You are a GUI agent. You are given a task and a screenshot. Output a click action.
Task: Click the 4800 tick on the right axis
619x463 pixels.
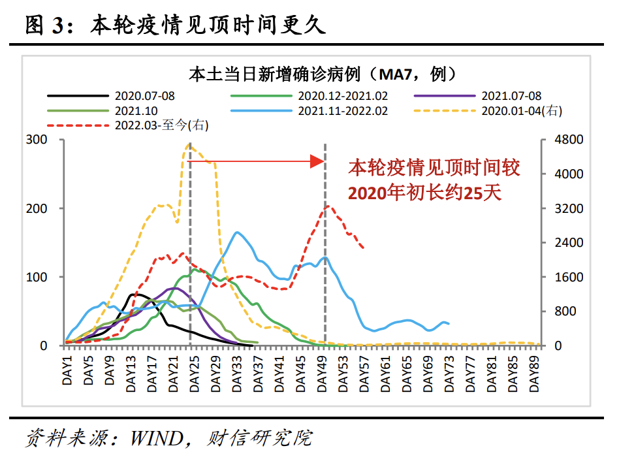click(x=560, y=140)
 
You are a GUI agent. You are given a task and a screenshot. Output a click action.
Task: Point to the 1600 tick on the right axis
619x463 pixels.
click(x=560, y=277)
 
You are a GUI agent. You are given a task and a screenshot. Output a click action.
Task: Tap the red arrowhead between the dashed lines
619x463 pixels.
click(x=317, y=161)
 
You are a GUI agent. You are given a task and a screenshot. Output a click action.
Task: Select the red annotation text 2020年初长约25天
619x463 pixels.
click(x=424, y=193)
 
